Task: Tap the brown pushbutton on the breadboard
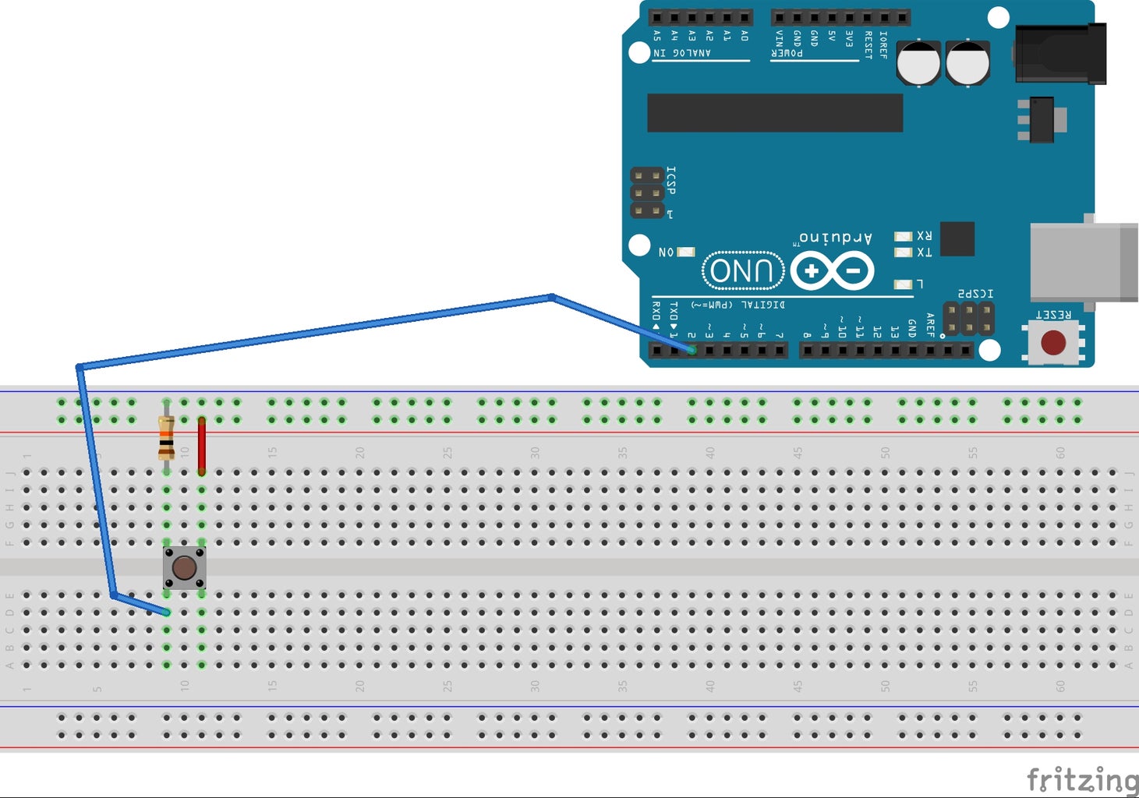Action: pyautogui.click(x=184, y=567)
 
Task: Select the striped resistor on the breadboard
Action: pyautogui.click(x=166, y=438)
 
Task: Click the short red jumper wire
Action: pyautogui.click(x=202, y=446)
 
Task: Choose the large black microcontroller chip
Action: pyautogui.click(x=775, y=113)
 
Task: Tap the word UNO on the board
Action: pyautogui.click(x=743, y=271)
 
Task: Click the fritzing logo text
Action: pyautogui.click(x=1081, y=779)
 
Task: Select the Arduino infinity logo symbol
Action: pyautogui.click(x=832, y=271)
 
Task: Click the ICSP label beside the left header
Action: pyautogui.click(x=671, y=180)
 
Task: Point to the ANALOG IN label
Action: pyautogui.click(x=682, y=53)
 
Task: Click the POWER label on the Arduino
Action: pyautogui.click(x=787, y=53)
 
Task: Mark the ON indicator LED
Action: pyautogui.click(x=686, y=252)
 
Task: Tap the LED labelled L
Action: pyautogui.click(x=903, y=284)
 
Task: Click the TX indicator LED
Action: pyautogui.click(x=903, y=252)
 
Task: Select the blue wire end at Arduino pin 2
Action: pyautogui.click(x=692, y=350)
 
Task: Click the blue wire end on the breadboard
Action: pyautogui.click(x=166, y=613)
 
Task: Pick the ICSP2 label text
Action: pyautogui.click(x=975, y=294)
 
